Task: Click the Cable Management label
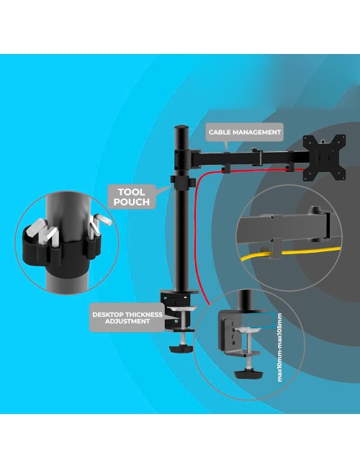[245, 132]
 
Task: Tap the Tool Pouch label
[131, 197]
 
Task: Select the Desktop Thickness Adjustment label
[127, 318]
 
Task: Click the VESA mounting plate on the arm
[324, 158]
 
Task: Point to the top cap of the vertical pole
[181, 129]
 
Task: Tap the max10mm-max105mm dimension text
[279, 347]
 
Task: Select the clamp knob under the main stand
[181, 348]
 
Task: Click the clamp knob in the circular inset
[249, 374]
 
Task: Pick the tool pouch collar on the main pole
[183, 182]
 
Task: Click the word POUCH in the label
[131, 202]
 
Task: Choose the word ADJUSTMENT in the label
[127, 321]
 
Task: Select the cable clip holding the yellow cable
[276, 249]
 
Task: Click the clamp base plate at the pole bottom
[179, 292]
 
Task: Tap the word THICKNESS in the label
[144, 315]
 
